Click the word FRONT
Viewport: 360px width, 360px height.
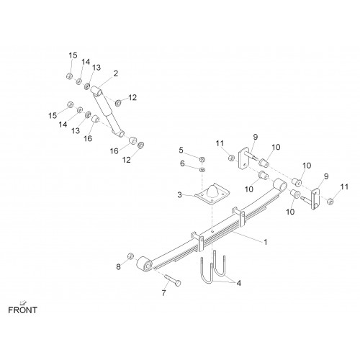[x=22, y=310]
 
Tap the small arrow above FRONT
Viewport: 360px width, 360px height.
[x=24, y=302]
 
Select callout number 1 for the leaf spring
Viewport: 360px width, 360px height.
[x=266, y=242]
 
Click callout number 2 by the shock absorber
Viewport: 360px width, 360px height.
[x=116, y=73]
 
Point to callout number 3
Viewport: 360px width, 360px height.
[x=179, y=194]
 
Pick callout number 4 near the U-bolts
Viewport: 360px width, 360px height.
[x=238, y=283]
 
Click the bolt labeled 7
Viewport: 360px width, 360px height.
[x=173, y=280]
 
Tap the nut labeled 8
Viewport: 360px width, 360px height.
[x=130, y=256]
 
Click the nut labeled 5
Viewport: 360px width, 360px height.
[x=202, y=159]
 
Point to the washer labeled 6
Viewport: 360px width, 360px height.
[x=202, y=170]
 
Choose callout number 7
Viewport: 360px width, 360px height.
[x=163, y=293]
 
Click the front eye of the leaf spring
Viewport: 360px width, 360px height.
[x=145, y=264]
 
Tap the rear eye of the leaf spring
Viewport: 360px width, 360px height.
[x=280, y=185]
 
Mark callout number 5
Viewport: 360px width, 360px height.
[x=181, y=150]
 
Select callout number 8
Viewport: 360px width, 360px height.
[x=118, y=266]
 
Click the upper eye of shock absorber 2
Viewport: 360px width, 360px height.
[x=96, y=91]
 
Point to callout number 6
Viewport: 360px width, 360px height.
[x=182, y=163]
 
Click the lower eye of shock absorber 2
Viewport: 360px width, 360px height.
[x=119, y=133]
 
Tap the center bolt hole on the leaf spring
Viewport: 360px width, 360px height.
[x=212, y=232]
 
